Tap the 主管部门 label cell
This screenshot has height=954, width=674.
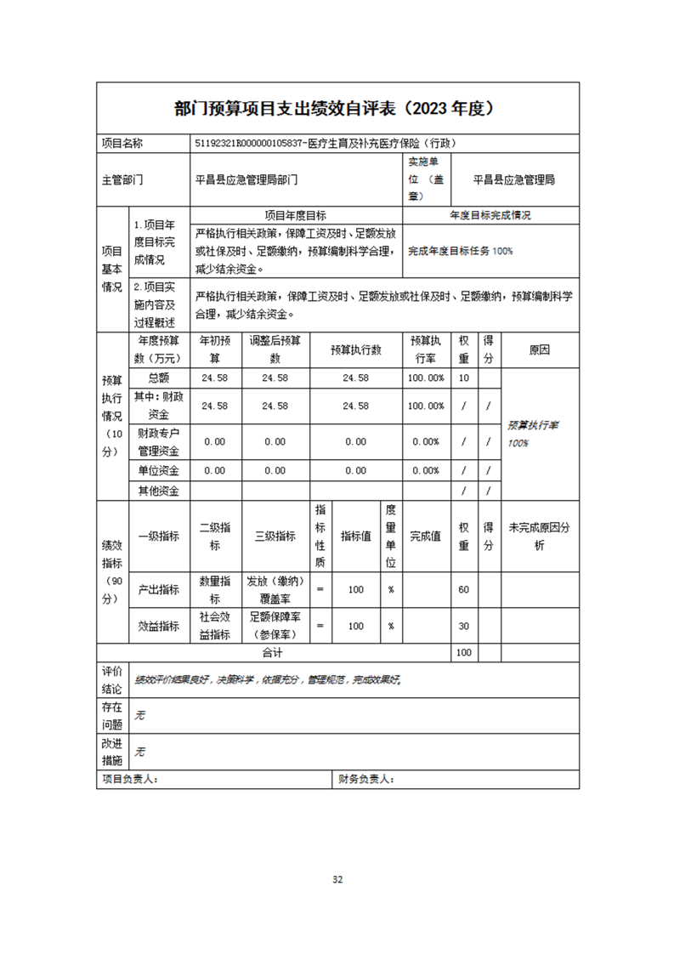point(122,180)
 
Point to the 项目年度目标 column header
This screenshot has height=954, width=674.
point(296,216)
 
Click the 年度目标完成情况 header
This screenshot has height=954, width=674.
point(490,216)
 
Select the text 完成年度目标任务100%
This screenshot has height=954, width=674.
point(460,251)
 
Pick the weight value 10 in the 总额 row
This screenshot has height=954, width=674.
point(463,378)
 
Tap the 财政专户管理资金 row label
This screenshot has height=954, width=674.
point(159,442)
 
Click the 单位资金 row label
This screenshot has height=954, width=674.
point(159,470)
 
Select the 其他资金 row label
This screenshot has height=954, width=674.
point(159,491)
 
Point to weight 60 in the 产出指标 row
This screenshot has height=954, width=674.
point(463,589)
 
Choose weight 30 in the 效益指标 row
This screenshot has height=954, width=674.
point(463,626)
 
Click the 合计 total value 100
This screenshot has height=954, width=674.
point(463,653)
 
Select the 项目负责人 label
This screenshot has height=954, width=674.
point(130,778)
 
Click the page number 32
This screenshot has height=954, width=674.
point(337,879)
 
